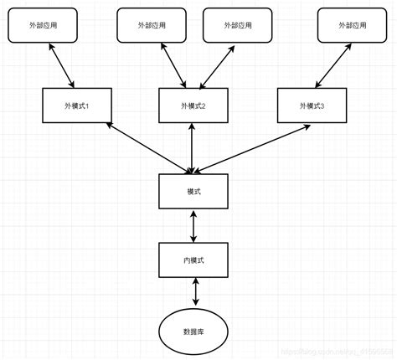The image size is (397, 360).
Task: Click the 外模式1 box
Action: point(75,105)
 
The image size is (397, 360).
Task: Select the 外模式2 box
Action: point(193,105)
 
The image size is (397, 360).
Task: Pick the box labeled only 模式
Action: point(193,192)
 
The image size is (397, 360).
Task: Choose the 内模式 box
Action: point(193,260)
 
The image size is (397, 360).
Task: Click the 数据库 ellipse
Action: point(194,331)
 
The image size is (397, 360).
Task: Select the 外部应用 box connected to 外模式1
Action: point(42,26)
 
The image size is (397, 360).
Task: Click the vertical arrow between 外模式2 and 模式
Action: point(193,149)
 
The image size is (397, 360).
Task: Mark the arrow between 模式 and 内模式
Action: point(194,226)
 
